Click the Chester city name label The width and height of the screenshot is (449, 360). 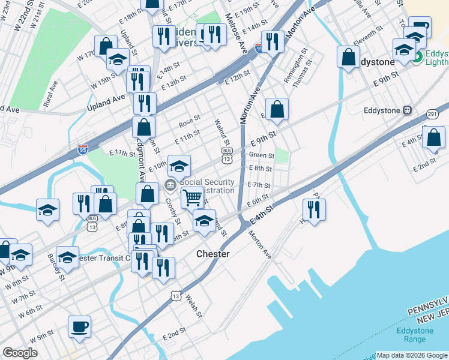pyautogui.click(x=213, y=254)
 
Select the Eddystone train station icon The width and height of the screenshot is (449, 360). pyautogui.click(x=407, y=110)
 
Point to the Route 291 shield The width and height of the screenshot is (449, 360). pyautogui.click(x=432, y=113)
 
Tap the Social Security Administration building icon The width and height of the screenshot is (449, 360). pyautogui.click(x=170, y=184)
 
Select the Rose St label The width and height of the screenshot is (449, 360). pyautogui.click(x=189, y=121)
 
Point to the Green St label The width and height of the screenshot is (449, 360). pyautogui.click(x=261, y=155)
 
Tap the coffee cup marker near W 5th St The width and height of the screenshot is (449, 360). pyautogui.click(x=79, y=326)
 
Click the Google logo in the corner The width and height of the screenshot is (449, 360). pyautogui.click(x=20, y=353)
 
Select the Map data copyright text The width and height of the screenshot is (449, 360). pyautogui.click(x=411, y=355)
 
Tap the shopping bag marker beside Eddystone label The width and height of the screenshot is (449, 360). pyautogui.click(x=348, y=58)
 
